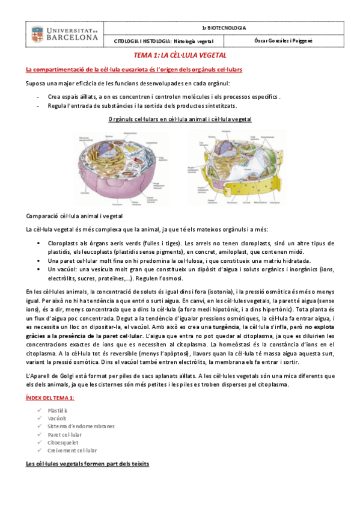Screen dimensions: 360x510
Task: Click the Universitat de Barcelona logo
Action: pyautogui.click(x=65, y=34)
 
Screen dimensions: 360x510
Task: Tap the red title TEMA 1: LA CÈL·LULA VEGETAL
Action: pyautogui.click(x=180, y=55)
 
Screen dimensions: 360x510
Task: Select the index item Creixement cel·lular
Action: pyautogui.click(x=72, y=450)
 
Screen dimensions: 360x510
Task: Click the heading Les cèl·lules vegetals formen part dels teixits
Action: pyautogui.click(x=88, y=464)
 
